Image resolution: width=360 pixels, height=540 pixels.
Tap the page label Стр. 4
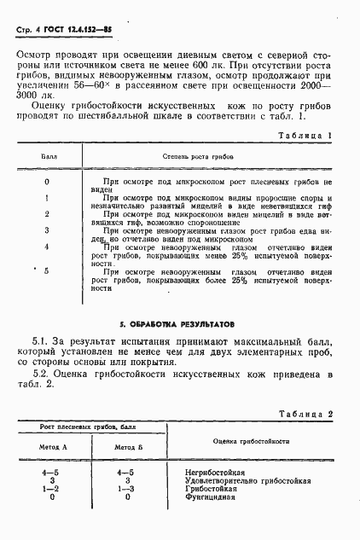coord(29,32)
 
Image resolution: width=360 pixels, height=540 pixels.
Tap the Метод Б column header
coord(127,447)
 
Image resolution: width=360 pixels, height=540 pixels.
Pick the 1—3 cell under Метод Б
coord(127,488)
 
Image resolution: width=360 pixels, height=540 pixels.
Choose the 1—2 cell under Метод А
coord(53,488)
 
